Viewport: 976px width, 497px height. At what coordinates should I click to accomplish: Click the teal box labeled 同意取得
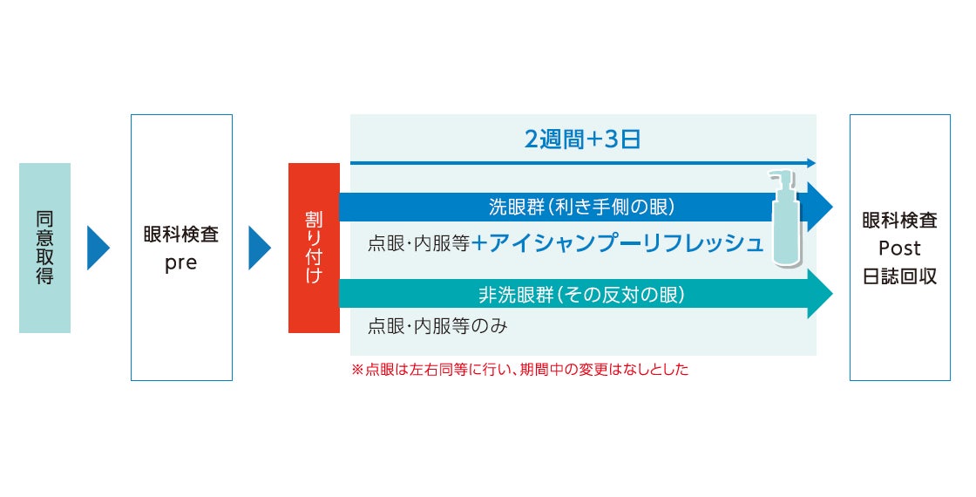(x=44, y=248)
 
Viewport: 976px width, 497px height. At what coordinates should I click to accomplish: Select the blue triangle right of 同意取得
(x=98, y=248)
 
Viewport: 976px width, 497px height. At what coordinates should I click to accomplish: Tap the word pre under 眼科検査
(x=181, y=263)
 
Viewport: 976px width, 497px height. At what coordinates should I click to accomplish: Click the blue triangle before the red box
(x=259, y=248)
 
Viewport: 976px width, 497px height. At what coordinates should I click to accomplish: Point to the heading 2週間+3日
(x=582, y=139)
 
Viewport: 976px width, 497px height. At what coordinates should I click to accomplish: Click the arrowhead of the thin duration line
(x=811, y=163)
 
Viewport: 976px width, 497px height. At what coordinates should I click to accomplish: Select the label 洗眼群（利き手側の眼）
(x=582, y=208)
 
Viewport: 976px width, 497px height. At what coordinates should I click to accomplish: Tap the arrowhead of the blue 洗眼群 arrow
(x=820, y=208)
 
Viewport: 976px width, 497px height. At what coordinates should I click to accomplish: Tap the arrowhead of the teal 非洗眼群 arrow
(x=820, y=294)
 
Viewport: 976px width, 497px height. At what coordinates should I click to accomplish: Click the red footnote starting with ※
(x=519, y=370)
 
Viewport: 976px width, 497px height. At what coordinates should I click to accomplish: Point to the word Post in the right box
(x=899, y=249)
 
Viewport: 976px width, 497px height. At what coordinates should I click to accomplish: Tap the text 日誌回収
(x=899, y=276)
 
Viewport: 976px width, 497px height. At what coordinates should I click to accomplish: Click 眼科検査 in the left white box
(x=181, y=235)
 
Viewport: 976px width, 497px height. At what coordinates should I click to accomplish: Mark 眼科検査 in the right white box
(x=899, y=221)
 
